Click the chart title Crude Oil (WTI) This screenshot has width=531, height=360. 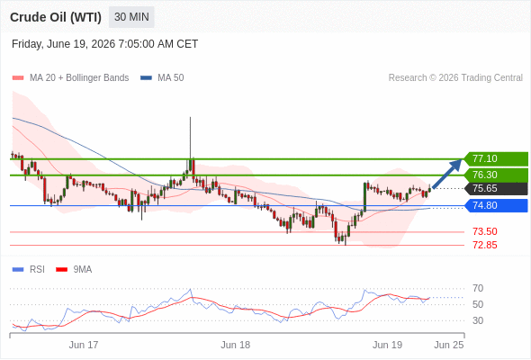[56, 17]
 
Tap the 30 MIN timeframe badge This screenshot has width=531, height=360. [131, 17]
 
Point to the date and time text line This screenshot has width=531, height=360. [104, 44]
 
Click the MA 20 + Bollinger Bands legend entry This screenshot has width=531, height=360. [70, 77]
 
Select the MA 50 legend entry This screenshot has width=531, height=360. [162, 77]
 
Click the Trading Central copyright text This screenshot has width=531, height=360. [455, 77]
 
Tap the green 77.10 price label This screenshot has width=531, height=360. [496, 158]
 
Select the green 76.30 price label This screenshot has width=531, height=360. [496, 175]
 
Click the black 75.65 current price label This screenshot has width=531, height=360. [496, 188]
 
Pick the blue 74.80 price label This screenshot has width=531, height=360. [496, 205]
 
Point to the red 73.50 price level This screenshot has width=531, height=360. [485, 231]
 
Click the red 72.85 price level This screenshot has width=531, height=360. [485, 245]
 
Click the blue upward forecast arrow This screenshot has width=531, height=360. [447, 174]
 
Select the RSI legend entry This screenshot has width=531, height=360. [29, 269]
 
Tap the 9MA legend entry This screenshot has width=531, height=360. [74, 269]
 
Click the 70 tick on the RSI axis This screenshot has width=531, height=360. [478, 288]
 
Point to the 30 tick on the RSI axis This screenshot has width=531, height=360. [478, 320]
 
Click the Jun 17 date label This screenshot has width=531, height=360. [84, 345]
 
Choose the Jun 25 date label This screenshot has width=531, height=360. [449, 345]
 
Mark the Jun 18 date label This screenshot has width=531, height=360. [236, 345]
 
